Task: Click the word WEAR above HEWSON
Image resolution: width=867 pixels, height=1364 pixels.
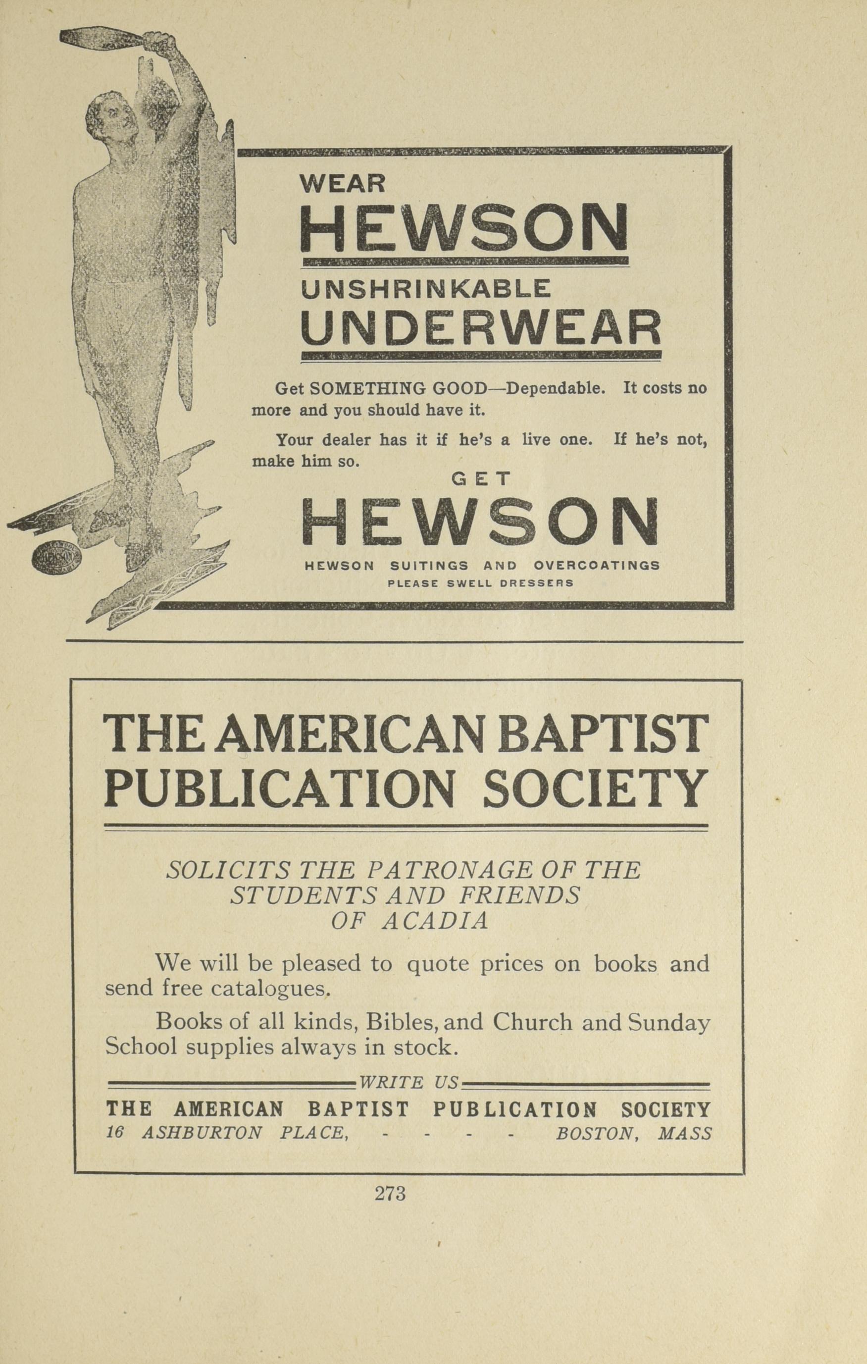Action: click(x=342, y=184)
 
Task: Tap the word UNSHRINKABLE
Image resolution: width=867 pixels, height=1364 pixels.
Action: click(x=425, y=289)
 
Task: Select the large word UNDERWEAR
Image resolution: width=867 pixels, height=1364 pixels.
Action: click(x=481, y=328)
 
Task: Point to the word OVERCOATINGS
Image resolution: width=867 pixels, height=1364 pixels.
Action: click(x=596, y=565)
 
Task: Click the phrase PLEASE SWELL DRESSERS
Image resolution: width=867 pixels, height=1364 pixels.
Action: click(x=480, y=582)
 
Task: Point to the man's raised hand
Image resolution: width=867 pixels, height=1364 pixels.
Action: click(x=158, y=41)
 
